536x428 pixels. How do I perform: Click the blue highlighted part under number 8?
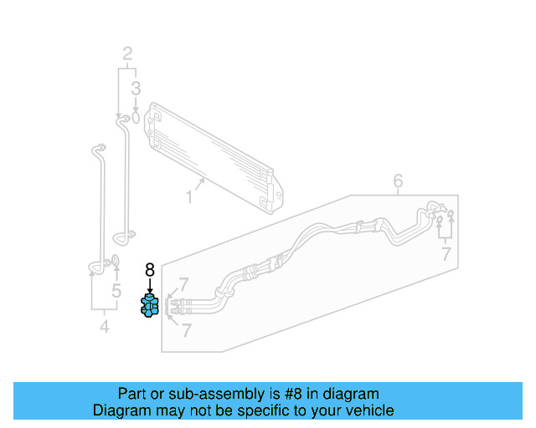[x=150, y=306]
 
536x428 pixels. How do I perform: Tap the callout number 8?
[x=150, y=269]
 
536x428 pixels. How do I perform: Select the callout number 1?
[x=189, y=197]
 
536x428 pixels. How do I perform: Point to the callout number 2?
[x=128, y=55]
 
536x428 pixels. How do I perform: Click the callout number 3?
[x=136, y=88]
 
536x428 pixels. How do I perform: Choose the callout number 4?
[x=398, y=181]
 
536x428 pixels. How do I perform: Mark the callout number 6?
[x=398, y=181]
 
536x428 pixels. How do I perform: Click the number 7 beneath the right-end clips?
[x=446, y=254]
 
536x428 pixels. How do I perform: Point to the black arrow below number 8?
[x=150, y=286]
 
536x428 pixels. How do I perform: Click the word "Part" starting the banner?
[x=132, y=394]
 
